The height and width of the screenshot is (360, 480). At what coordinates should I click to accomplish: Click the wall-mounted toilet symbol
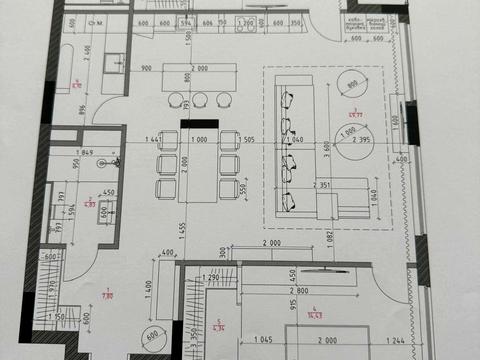click(115, 160)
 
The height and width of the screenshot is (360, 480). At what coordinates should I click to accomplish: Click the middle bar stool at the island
click(201, 99)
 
